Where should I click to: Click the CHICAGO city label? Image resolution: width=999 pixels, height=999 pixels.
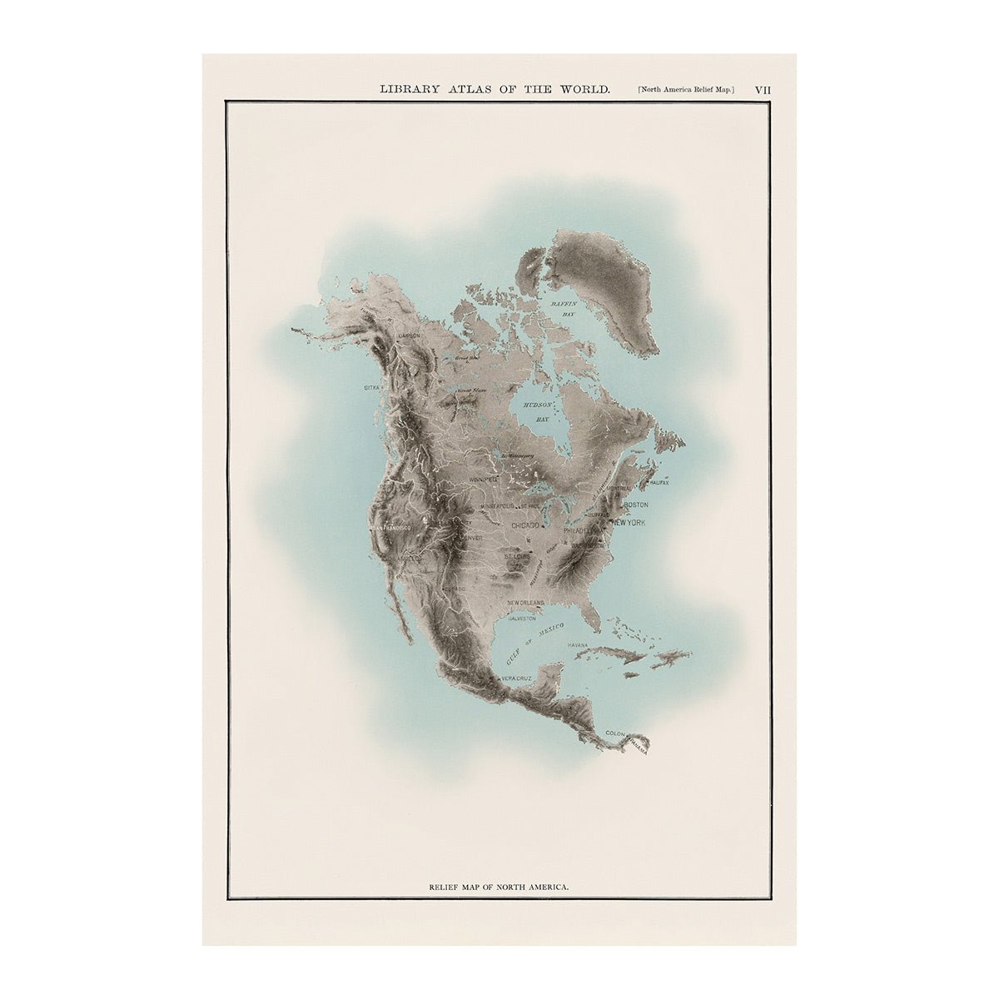coord(525,525)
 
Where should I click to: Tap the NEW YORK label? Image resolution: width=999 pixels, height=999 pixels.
coord(629,522)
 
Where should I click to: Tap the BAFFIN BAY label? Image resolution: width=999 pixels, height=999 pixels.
coord(564,311)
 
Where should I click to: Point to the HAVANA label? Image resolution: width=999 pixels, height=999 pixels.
coord(578,645)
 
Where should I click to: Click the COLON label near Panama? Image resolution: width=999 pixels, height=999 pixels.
coord(615,733)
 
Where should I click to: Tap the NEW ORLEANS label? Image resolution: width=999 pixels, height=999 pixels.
coord(525,602)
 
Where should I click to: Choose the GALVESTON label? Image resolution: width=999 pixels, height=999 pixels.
coord(519,619)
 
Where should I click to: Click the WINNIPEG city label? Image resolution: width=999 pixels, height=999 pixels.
coord(483,480)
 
